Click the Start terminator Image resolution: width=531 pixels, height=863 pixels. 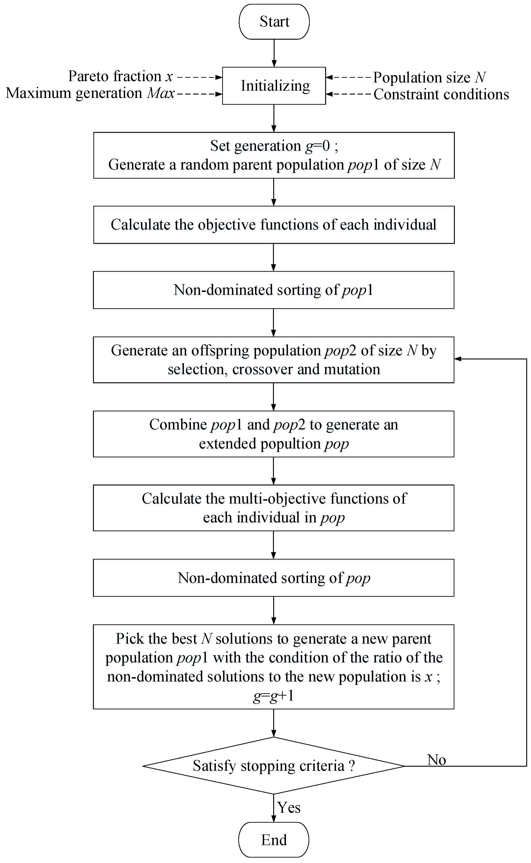(274, 22)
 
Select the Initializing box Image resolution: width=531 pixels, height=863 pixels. (274, 86)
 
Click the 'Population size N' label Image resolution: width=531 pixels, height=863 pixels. (429, 78)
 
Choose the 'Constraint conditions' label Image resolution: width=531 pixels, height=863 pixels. (441, 95)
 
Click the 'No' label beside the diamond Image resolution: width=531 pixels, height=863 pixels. (436, 760)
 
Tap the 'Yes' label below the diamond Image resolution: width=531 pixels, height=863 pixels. (289, 807)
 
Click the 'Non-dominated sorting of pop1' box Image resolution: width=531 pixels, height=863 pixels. (274, 290)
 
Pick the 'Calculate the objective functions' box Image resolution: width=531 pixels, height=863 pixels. (274, 225)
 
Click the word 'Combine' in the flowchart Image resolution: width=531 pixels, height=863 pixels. (178, 425)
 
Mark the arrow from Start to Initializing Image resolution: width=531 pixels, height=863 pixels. (274, 53)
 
